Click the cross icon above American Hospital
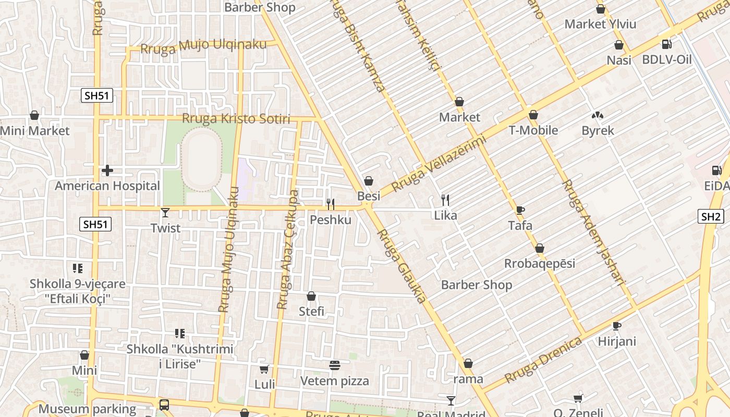coord(107,170)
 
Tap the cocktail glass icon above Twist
coord(165,213)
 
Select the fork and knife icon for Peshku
coord(330,204)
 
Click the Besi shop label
coord(369,196)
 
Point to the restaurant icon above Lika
coord(445,200)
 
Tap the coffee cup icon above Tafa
coord(520,210)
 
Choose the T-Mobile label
coord(533,130)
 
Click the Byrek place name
coord(598,130)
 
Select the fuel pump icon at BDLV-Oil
coord(666,44)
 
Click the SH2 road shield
coord(711,217)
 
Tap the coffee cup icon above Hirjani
coord(617,326)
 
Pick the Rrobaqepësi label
coord(540,263)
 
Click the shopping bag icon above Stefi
coord(311,296)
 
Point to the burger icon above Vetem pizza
coord(335,365)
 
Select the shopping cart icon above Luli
coord(264,370)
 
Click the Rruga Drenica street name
coord(543,360)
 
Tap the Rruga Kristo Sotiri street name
coord(236,119)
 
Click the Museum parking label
coord(87,409)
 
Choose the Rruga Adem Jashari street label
coord(593,232)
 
